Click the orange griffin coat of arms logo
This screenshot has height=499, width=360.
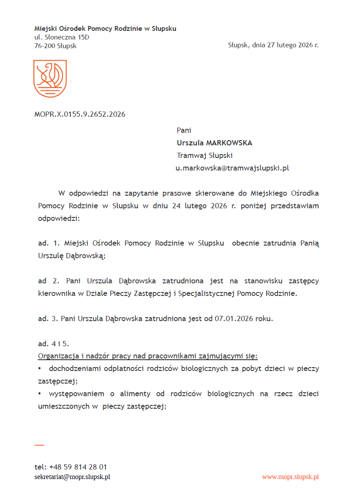(x=50, y=79)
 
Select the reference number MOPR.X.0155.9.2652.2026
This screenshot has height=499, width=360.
(x=80, y=115)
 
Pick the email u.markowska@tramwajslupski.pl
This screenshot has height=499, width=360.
(x=232, y=168)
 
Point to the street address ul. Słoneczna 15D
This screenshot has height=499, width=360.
(x=62, y=37)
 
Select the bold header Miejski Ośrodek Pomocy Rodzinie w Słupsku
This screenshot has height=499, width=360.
(x=105, y=29)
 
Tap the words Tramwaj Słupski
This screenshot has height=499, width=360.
(x=205, y=155)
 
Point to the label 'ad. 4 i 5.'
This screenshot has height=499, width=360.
(x=54, y=344)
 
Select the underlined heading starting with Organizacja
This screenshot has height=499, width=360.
(x=148, y=356)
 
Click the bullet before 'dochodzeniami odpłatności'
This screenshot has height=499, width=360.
(x=40, y=369)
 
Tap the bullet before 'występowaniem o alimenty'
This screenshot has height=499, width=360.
(x=40, y=394)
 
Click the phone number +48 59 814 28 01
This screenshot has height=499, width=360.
(x=78, y=467)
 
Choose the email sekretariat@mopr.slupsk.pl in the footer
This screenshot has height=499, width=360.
(x=72, y=476)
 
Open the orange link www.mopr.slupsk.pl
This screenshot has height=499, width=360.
(x=291, y=476)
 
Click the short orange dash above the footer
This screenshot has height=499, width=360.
(x=39, y=445)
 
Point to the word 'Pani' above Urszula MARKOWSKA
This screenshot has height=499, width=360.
(x=184, y=130)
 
